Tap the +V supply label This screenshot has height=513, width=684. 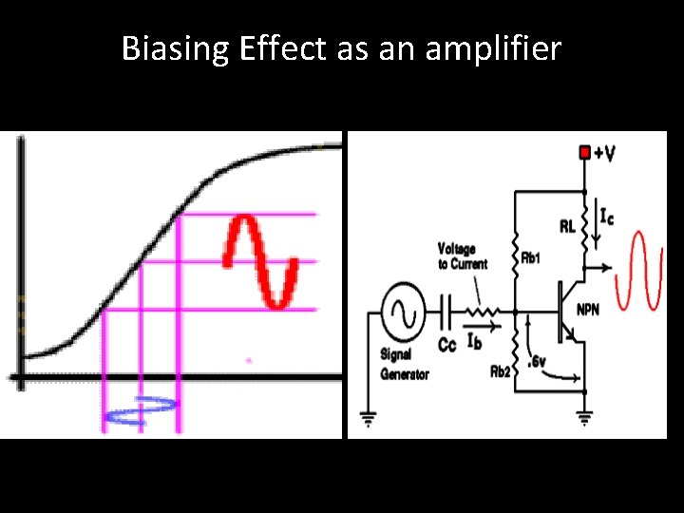(603, 152)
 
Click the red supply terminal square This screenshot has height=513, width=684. (585, 152)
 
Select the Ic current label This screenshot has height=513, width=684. (604, 217)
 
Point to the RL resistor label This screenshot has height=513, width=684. (566, 227)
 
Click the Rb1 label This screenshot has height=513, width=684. (531, 257)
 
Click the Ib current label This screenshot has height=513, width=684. (475, 341)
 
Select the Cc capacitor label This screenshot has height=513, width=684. (447, 343)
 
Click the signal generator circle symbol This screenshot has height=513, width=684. (401, 310)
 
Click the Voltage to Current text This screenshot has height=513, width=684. (463, 256)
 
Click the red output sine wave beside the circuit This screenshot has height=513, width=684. (638, 272)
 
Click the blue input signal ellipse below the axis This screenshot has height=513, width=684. (142, 409)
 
